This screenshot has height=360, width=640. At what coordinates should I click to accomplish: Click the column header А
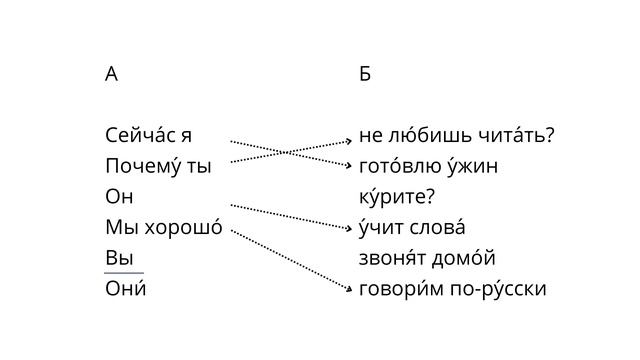point(111,74)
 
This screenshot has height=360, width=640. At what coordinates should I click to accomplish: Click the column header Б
point(365,74)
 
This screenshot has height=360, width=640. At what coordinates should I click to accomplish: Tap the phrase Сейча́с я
point(149,135)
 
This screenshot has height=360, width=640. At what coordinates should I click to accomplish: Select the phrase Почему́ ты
point(158,166)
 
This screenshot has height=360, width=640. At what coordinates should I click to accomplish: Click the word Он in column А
point(119,197)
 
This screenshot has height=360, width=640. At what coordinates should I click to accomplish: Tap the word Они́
point(125,289)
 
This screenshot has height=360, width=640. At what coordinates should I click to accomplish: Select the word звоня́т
point(392,258)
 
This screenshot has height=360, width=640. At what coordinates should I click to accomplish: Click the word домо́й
point(463,258)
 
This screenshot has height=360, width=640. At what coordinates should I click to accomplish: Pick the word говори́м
point(402,289)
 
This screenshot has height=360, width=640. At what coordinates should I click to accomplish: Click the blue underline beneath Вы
point(123,272)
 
